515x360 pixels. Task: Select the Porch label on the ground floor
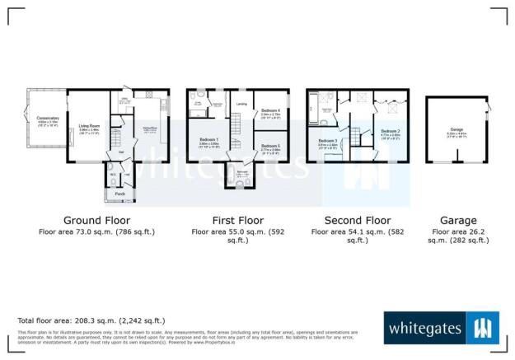[120, 194]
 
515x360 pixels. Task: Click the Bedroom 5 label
[270, 145]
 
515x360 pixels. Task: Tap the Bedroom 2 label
[391, 131]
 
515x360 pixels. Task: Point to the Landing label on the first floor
[241, 104]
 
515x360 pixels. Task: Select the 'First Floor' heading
[236, 221]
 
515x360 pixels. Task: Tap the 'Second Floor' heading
[357, 221]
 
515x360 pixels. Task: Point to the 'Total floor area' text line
[91, 320]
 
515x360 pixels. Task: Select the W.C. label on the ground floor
[111, 174]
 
